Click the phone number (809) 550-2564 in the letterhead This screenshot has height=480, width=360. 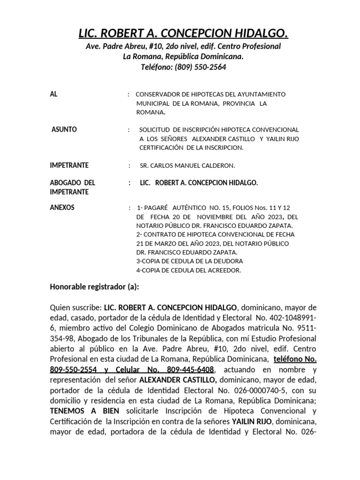(200, 67)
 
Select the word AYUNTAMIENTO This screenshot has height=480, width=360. (263, 94)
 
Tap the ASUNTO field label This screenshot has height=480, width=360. (64, 129)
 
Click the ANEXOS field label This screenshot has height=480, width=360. (62, 207)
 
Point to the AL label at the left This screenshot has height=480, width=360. (53, 94)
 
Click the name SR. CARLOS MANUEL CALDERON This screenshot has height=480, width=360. (187, 166)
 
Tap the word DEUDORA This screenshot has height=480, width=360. (229, 261)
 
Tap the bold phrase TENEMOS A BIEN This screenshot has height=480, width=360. (77, 411)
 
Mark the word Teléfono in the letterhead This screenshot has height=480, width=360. (157, 67)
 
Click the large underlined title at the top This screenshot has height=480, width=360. (183, 34)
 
